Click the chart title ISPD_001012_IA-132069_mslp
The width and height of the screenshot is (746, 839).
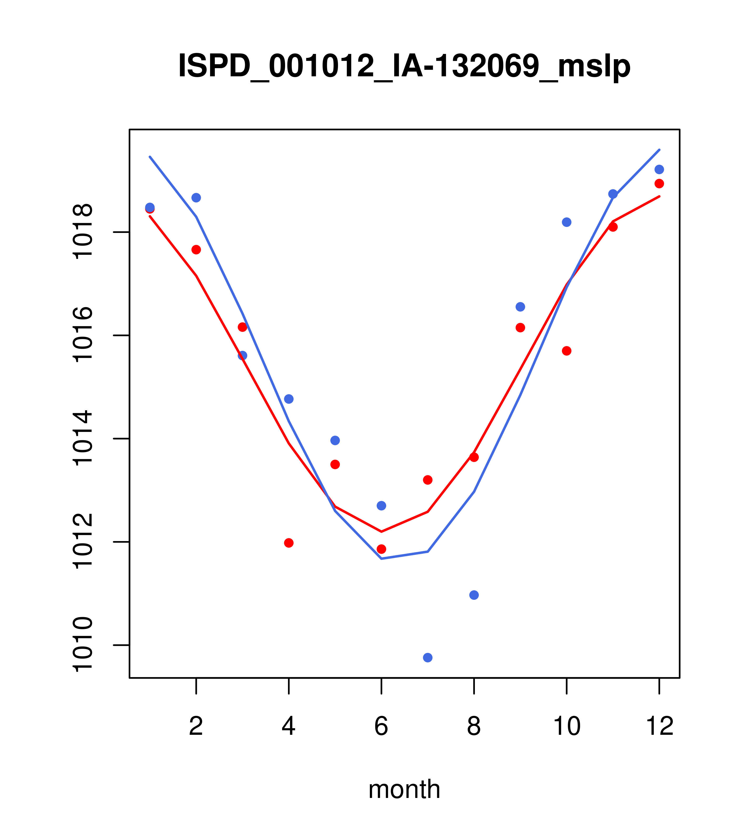point(404,67)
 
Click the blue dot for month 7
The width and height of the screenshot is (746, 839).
point(427,658)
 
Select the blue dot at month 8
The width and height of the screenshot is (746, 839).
point(474,595)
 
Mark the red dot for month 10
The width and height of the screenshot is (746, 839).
point(566,351)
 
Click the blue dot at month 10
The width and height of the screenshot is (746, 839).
point(566,222)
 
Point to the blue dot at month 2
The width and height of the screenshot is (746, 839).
point(196,197)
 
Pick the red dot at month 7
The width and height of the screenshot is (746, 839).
point(427,480)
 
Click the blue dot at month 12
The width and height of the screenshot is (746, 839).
point(659,169)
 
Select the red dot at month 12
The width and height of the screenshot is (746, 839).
point(659,183)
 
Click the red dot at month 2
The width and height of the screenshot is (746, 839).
point(196,249)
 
